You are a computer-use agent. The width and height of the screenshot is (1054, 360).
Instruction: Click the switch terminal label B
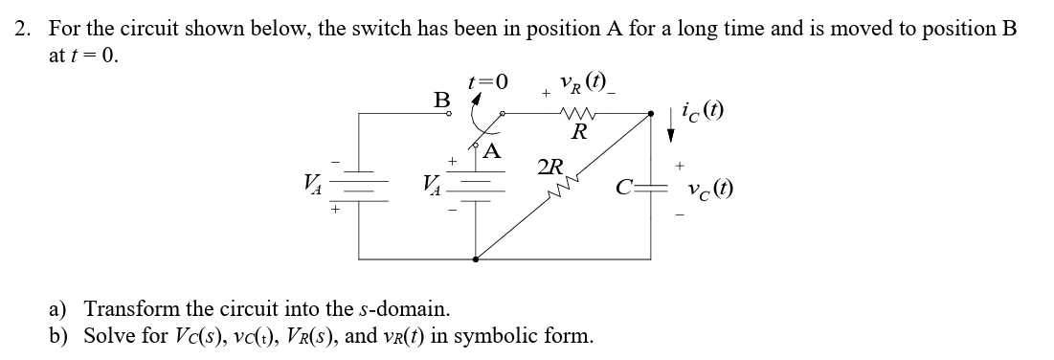point(440,99)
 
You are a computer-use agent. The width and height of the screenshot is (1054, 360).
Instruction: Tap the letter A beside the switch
point(491,150)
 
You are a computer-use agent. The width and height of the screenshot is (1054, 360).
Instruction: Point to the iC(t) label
point(703,113)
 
